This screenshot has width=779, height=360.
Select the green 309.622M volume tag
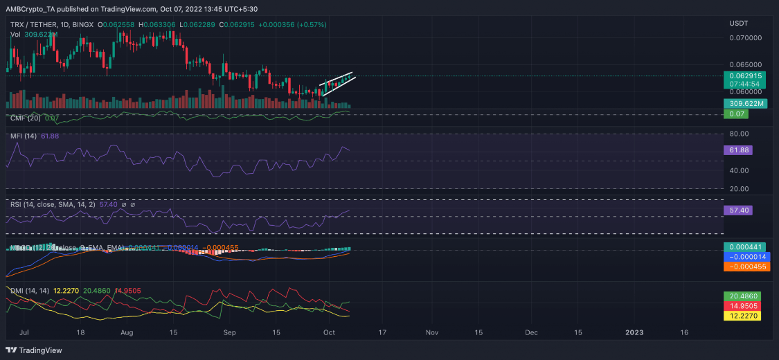point(744,104)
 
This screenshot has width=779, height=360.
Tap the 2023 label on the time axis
point(634,332)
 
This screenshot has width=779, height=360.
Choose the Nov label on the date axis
point(432,332)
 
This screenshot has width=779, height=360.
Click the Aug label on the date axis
point(127,332)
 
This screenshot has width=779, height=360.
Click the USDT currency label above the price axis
point(739,23)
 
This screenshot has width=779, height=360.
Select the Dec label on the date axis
point(531,332)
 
